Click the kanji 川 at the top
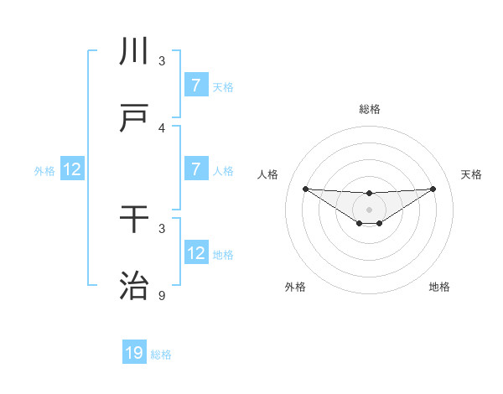tap(135, 51)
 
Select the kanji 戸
tap(135, 118)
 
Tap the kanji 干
tap(135, 220)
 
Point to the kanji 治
tap(135, 287)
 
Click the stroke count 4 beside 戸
tap(162, 127)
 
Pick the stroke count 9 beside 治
tap(162, 296)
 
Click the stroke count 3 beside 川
tap(162, 60)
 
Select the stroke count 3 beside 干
tap(162, 228)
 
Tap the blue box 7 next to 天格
tap(195, 85)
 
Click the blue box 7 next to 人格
tap(195, 169)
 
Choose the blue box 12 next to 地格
tap(195, 253)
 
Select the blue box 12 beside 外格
tap(71, 169)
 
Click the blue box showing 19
tap(134, 353)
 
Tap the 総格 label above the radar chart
tap(369, 109)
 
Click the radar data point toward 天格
tap(433, 189)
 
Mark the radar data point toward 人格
tap(305, 189)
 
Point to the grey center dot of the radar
tap(369, 209)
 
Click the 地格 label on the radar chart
tap(439, 287)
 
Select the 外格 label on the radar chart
tap(295, 287)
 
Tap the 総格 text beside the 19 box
tap(161, 355)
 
